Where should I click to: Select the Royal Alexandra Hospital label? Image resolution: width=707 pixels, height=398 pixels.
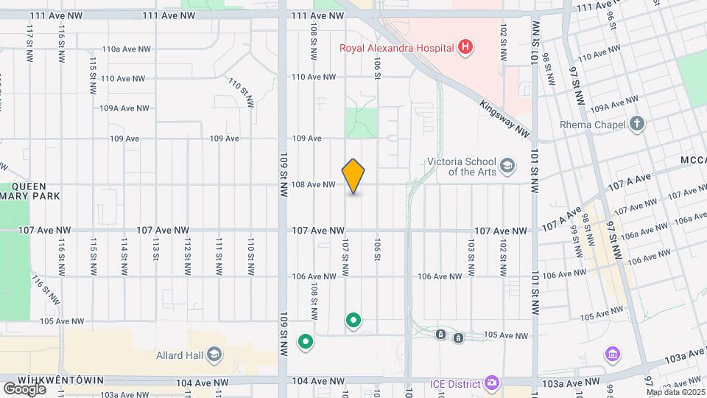pos(395,49)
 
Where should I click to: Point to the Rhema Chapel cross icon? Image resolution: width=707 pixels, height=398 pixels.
pos(638,124)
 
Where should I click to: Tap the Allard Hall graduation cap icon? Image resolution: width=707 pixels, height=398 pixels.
pos(214,355)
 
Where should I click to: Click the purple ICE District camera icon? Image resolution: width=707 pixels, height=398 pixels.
pos(492,383)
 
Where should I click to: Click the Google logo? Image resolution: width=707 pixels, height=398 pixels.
pos(24,388)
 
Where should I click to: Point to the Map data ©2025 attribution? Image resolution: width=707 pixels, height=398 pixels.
pos(675,392)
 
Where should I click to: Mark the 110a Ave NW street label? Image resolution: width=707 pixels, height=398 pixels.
pos(127,49)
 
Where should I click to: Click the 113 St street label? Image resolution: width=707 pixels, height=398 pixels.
pos(155,248)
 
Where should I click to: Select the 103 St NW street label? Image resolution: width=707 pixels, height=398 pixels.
pos(470,251)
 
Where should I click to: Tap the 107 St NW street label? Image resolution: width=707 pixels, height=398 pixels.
pos(344,251)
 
